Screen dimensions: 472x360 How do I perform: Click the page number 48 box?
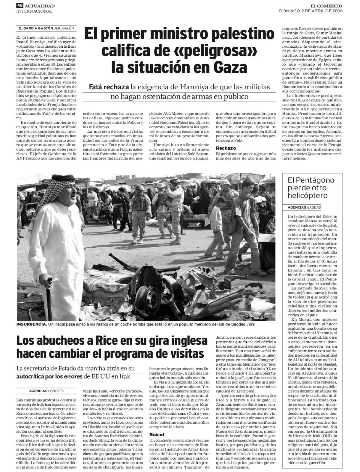20,5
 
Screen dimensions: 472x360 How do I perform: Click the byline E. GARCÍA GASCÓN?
36,28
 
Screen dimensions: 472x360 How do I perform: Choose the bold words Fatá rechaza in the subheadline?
109,87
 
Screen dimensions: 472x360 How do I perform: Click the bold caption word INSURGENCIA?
31,324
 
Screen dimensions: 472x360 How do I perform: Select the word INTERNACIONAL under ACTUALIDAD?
34,11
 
